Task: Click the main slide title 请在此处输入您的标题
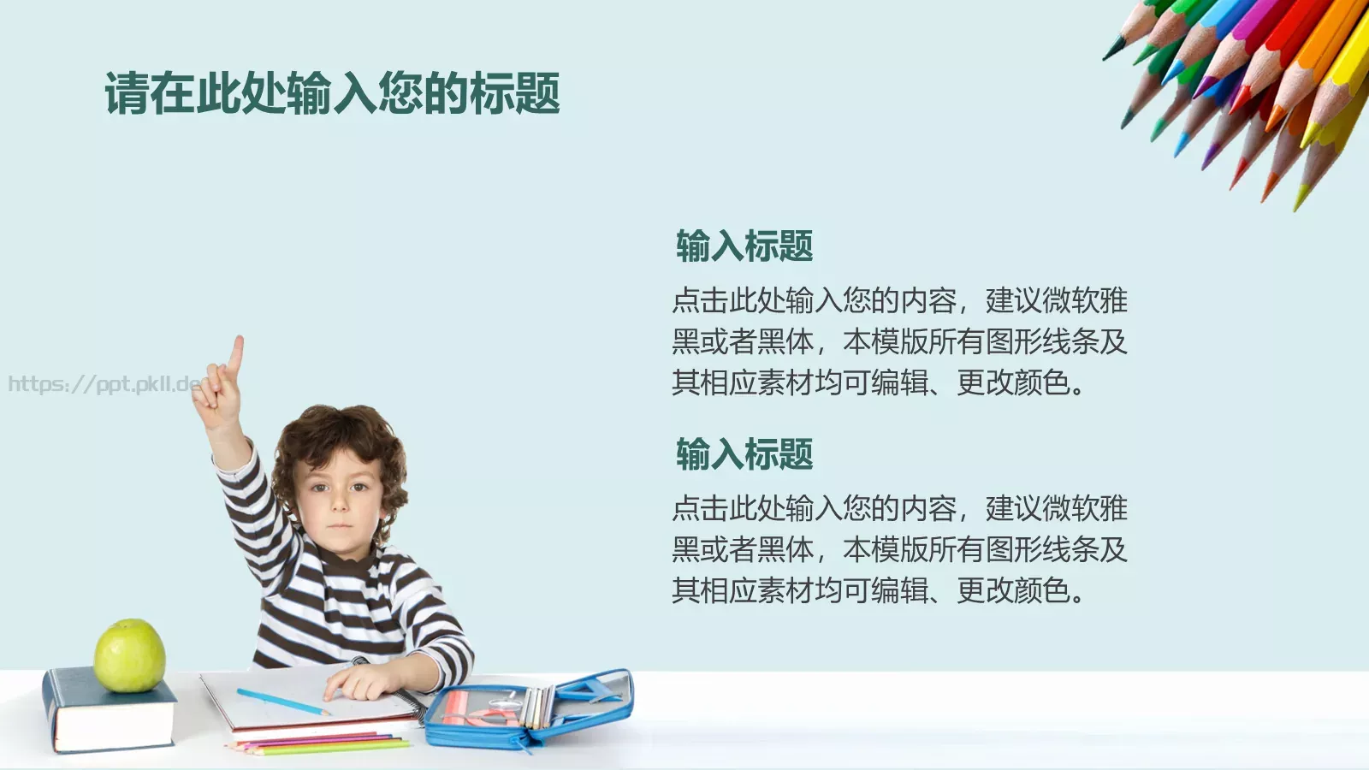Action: tap(332, 93)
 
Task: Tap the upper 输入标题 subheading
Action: tap(744, 246)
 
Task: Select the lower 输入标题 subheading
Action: tap(744, 454)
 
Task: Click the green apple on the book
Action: tap(129, 655)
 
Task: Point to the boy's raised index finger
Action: tap(235, 353)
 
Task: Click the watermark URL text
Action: tap(103, 383)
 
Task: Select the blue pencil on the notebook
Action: tap(282, 702)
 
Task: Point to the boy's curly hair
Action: tap(338, 436)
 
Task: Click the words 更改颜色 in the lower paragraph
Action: tap(1012, 590)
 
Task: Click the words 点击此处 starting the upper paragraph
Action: tap(728, 300)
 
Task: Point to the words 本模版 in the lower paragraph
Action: tap(885, 549)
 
